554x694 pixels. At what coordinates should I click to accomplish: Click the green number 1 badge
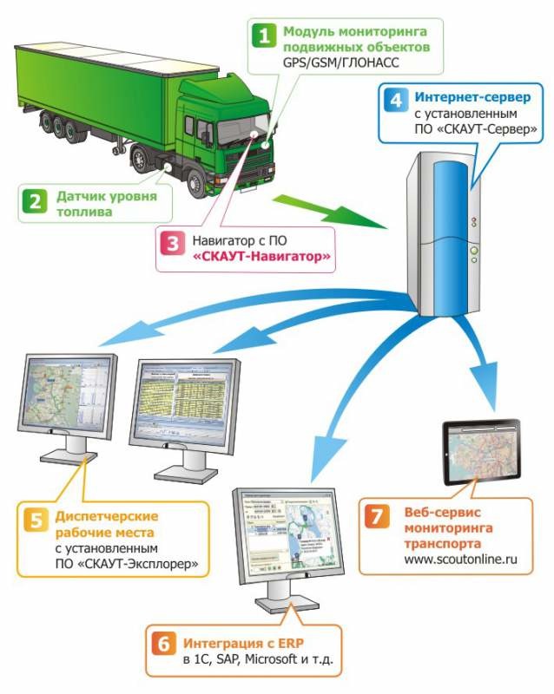click(x=261, y=36)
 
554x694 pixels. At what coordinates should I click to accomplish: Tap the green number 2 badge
click(x=34, y=203)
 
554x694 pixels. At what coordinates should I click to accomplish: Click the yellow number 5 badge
click(x=36, y=521)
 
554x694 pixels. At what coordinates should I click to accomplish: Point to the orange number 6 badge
click(x=162, y=645)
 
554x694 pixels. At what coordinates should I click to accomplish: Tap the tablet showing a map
click(x=480, y=451)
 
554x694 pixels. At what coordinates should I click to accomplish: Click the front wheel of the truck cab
click(x=201, y=182)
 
